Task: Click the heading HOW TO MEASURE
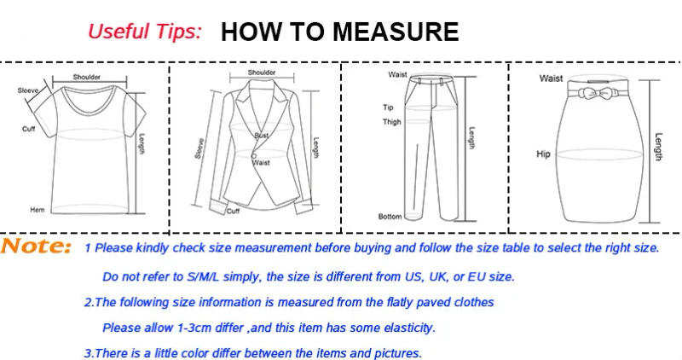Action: [x=339, y=32]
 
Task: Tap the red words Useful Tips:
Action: [x=145, y=32]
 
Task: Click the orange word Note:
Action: [x=36, y=247]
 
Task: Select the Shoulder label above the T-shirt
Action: [x=86, y=77]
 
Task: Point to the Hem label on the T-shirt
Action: [x=38, y=209]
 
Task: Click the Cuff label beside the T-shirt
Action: [x=28, y=129]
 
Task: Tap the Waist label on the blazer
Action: [x=261, y=162]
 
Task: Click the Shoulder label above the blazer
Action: [x=262, y=73]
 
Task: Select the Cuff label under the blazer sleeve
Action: [x=233, y=211]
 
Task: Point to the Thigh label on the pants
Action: [x=391, y=122]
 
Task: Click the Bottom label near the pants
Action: [x=390, y=217]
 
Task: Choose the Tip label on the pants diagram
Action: [x=388, y=107]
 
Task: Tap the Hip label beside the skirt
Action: [x=544, y=154]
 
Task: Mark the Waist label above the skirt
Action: [x=551, y=78]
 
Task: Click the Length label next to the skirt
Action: [x=658, y=147]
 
